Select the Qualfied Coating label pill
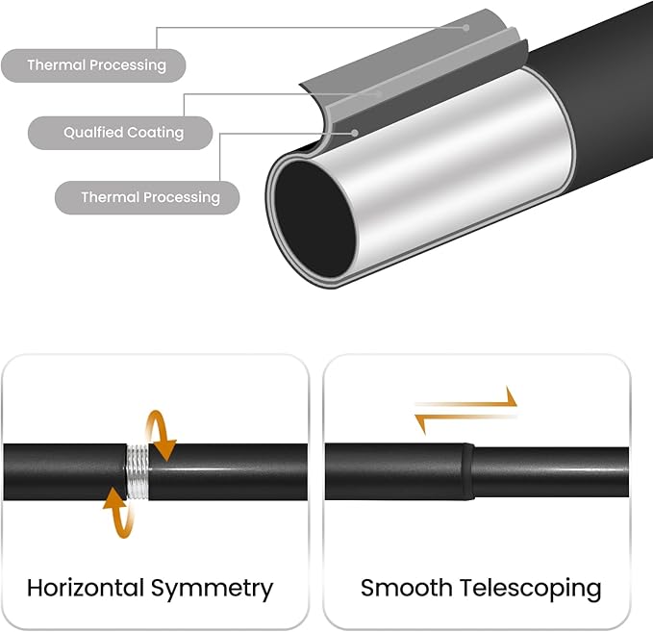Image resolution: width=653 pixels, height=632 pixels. [x=120, y=133]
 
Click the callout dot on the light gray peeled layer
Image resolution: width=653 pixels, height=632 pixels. [x=466, y=28]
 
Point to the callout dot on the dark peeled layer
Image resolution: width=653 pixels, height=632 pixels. [x=355, y=133]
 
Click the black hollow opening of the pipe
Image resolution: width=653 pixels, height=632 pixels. [x=315, y=218]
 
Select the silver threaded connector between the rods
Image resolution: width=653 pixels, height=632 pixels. [x=138, y=472]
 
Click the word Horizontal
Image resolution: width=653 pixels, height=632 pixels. [x=86, y=588]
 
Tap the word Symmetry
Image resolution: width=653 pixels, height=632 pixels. [x=212, y=590]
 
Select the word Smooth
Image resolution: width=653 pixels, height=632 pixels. [x=407, y=588]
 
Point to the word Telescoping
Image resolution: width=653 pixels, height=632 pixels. [x=531, y=590]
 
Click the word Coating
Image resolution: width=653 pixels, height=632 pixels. [x=156, y=133]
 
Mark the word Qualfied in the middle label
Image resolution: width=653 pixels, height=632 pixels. [x=93, y=133]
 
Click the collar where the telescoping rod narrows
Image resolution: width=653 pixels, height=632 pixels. [x=467, y=471]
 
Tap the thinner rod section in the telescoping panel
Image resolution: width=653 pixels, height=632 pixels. [x=551, y=472]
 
